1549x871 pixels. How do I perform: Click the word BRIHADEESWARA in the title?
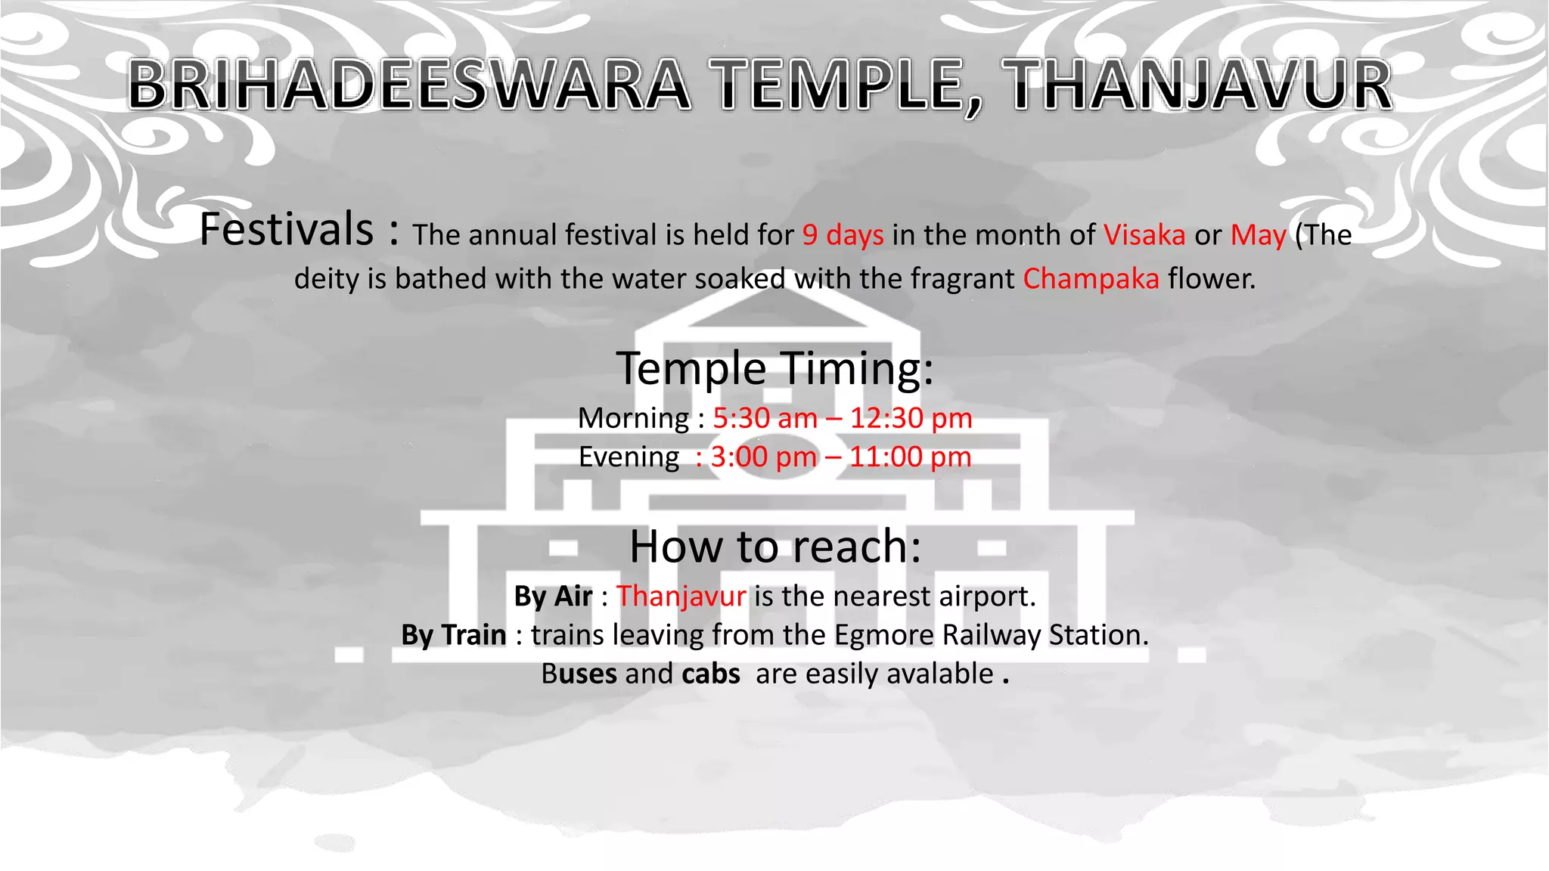click(408, 85)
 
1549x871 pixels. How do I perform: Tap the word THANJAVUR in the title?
click(1200, 85)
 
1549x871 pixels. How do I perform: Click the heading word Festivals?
click(287, 230)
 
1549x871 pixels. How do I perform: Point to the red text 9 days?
click(843, 235)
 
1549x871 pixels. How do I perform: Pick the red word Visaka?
click(1144, 235)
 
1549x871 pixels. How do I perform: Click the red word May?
click(1258, 235)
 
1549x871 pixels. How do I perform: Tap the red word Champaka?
click(1091, 279)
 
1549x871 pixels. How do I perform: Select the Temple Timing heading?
click(774, 368)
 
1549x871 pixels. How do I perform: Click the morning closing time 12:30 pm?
click(911, 418)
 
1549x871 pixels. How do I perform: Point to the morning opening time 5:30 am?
click(765, 418)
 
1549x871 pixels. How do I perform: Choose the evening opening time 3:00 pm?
click(764, 457)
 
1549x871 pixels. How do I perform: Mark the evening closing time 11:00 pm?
click(910, 457)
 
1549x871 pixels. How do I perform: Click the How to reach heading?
click(775, 546)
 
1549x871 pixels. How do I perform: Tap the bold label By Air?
click(553, 597)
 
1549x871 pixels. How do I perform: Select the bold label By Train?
click(454, 635)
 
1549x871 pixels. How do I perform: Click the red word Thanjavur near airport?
click(681, 597)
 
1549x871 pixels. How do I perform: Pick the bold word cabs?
click(710, 674)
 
